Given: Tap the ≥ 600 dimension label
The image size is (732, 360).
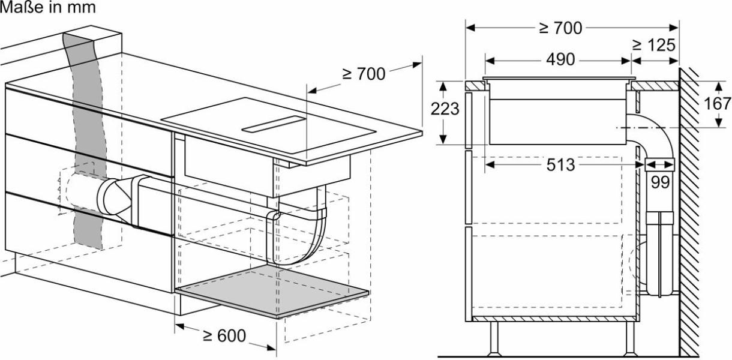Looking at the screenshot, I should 224,336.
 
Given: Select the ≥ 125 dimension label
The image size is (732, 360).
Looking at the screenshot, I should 654,45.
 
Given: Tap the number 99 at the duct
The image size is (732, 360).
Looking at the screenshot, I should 660,182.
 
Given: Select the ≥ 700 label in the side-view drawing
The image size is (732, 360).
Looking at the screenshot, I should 560,28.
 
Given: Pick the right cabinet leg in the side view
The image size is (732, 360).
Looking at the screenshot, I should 629,339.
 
